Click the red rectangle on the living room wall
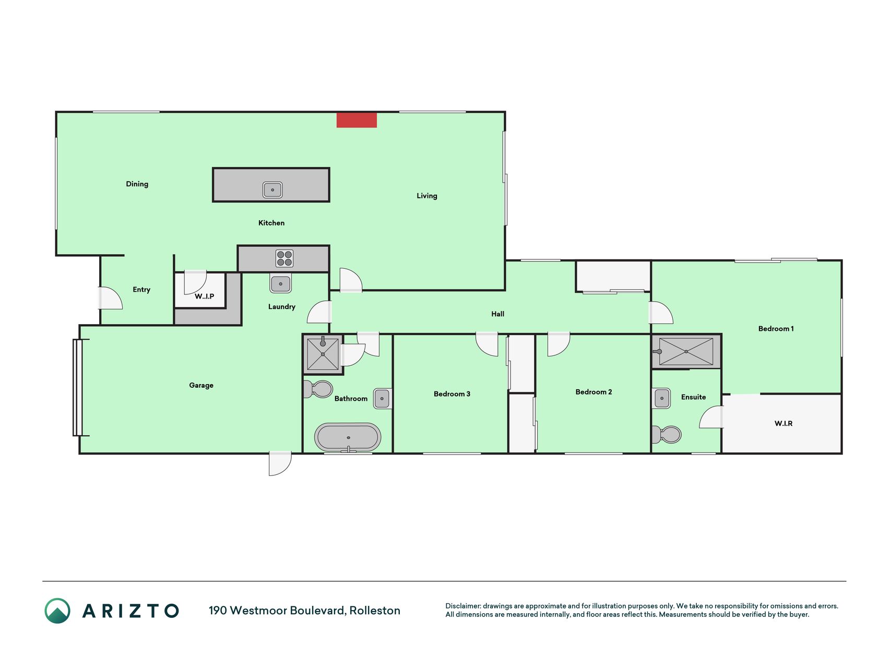click(357, 120)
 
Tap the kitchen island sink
click(272, 189)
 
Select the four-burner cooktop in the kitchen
click(284, 258)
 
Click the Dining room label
click(137, 184)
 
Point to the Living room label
click(427, 196)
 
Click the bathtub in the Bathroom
click(348, 437)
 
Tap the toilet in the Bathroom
click(318, 389)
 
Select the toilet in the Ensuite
click(667, 434)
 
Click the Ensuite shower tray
click(686, 352)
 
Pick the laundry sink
click(281, 283)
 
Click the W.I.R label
click(783, 423)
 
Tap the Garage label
click(201, 385)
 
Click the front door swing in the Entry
click(111, 298)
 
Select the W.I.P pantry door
click(195, 282)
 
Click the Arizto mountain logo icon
click(57, 611)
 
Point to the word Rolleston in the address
click(375, 611)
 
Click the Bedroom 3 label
click(452, 394)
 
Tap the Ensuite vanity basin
click(662, 398)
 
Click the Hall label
click(498, 314)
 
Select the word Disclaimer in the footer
click(463, 606)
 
